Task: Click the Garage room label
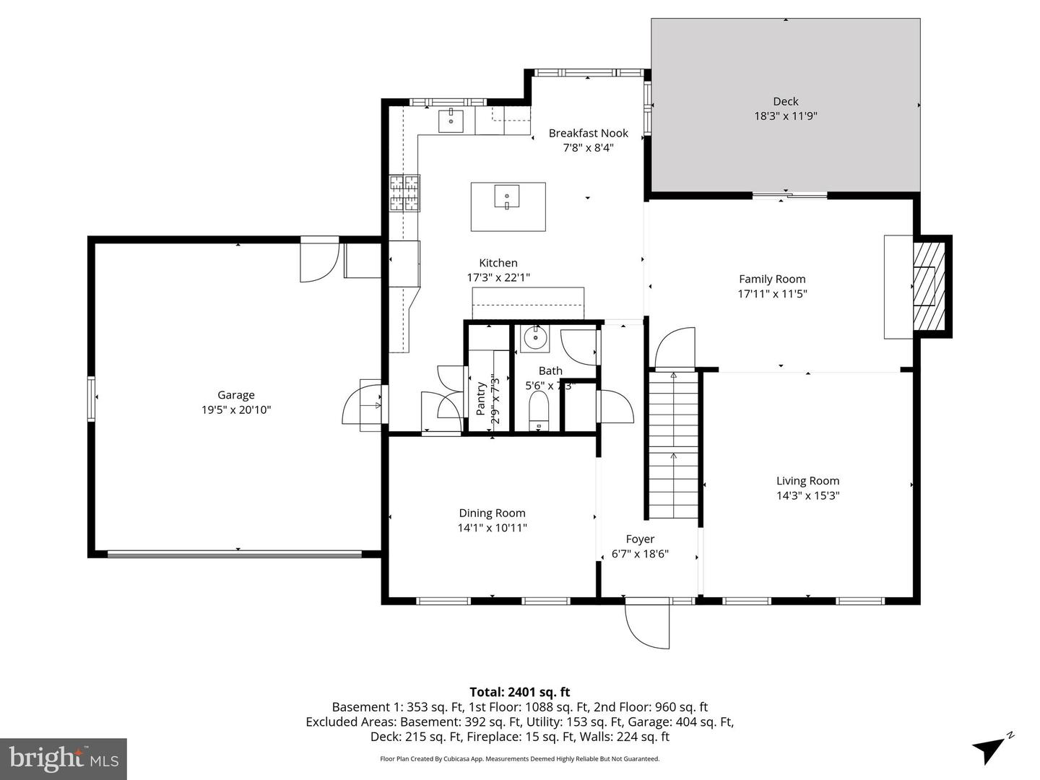[236, 395]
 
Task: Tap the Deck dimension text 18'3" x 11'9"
[786, 116]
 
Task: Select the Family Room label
[772, 279]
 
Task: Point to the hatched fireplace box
[929, 285]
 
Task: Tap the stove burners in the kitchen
[404, 194]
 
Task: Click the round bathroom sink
[535, 337]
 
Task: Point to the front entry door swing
[648, 624]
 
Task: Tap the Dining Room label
[492, 513]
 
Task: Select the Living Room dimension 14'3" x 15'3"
[807, 495]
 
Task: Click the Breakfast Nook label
[588, 133]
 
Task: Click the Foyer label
[640, 539]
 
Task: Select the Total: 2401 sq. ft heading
[519, 692]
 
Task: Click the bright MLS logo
[64, 758]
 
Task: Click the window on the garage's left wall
[92, 399]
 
